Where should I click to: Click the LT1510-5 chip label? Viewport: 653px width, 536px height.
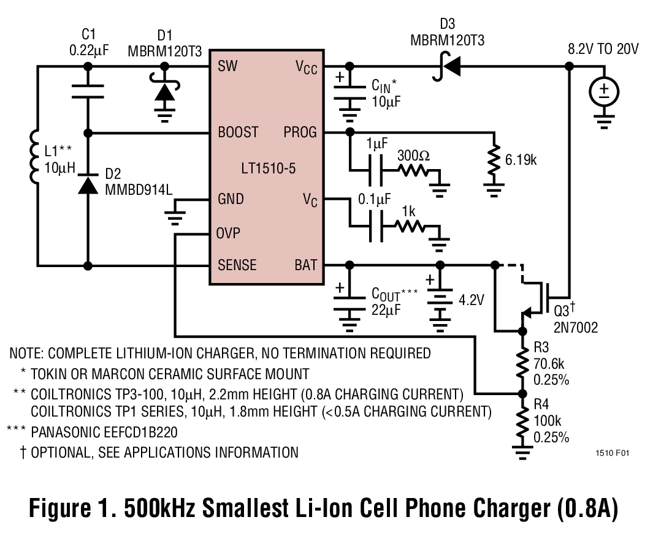pos(267,168)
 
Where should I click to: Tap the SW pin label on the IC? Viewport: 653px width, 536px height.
pos(227,66)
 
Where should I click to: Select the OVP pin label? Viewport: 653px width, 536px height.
pos(228,233)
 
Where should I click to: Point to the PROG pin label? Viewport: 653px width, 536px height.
pos(300,132)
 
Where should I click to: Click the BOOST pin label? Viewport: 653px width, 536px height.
pos(238,132)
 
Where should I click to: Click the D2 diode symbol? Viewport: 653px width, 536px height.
pos(88,184)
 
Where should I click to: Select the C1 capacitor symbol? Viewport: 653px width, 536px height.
pos(88,91)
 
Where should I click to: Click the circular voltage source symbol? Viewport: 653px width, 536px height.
pos(605,92)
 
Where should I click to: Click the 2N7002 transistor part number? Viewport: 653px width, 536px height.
pos(576,328)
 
